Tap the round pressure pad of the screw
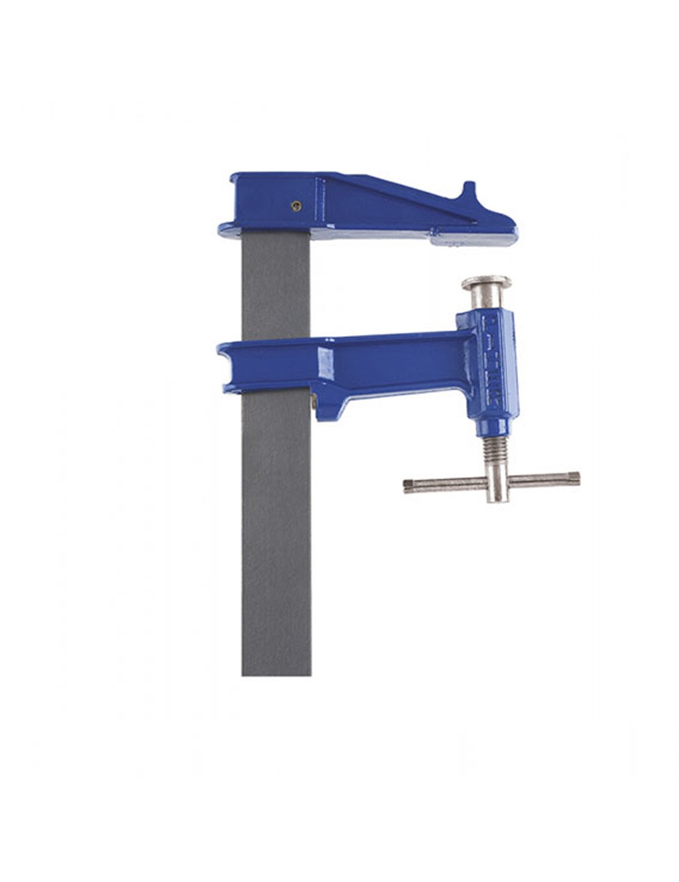(486, 282)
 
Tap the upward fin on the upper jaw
(469, 193)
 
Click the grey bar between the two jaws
(276, 285)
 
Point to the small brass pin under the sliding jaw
(314, 402)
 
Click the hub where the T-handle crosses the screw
(497, 482)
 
